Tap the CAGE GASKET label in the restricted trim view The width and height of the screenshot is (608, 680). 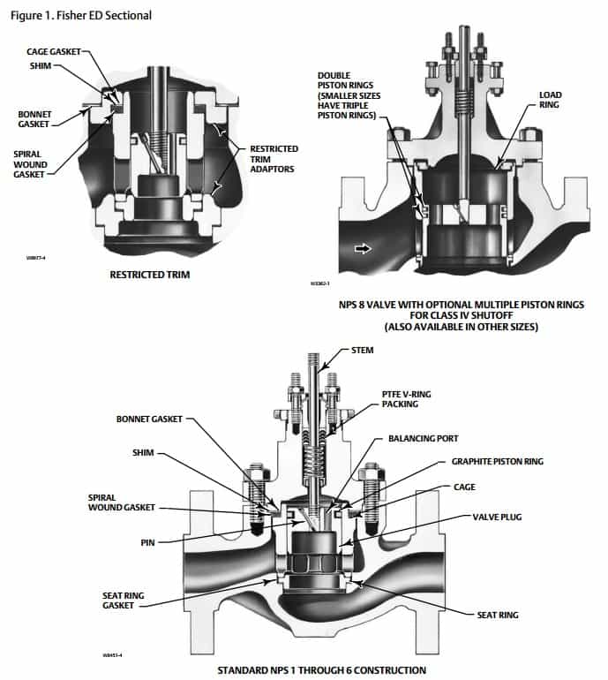point(52,52)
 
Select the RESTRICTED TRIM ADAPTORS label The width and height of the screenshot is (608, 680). point(274,160)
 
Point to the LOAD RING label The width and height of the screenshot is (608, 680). point(551,99)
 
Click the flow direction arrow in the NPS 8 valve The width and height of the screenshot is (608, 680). point(363,250)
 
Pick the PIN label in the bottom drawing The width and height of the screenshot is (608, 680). point(147,542)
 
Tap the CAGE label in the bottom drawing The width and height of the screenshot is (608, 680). point(464,487)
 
